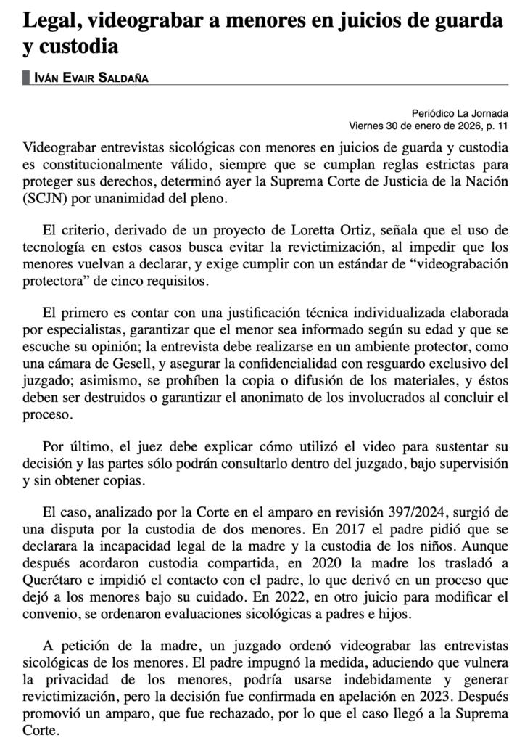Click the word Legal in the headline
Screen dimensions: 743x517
point(49,22)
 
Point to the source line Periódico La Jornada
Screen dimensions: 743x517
point(460,113)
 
